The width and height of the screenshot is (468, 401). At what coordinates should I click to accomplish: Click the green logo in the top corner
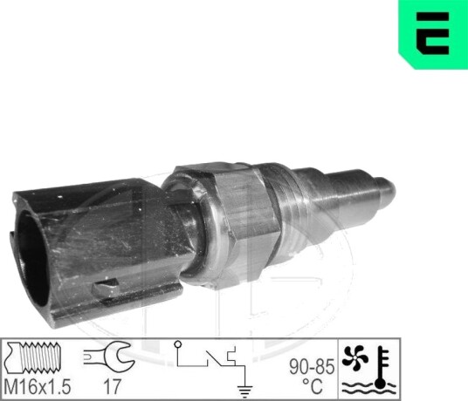click(433, 34)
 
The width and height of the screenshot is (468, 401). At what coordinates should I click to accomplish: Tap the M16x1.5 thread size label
click(38, 387)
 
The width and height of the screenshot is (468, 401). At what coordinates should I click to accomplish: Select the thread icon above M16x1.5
click(33, 357)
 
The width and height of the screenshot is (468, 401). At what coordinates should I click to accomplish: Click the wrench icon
click(109, 357)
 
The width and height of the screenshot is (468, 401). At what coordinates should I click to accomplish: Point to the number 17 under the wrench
click(112, 387)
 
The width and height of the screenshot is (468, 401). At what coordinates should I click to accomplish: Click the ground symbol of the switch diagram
click(244, 391)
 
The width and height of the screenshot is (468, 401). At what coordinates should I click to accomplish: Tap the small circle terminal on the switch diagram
click(177, 344)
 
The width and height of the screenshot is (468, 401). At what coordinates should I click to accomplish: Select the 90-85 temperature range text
click(312, 366)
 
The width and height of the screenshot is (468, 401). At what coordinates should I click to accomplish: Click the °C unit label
click(313, 386)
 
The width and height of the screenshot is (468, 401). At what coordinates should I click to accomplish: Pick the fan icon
click(353, 357)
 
